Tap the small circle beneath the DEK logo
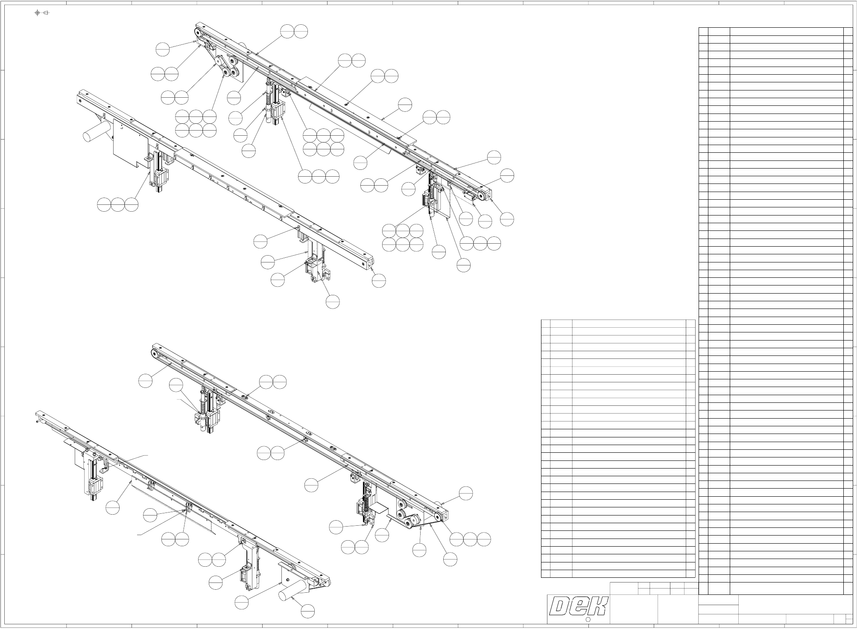point(588,620)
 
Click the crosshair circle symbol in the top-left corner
point(38,13)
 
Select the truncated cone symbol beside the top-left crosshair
point(46,13)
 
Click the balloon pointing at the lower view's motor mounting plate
point(242,602)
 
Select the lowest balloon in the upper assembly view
point(333,302)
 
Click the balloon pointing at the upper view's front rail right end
point(379,280)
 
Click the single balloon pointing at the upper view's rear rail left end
point(163,49)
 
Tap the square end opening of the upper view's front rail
point(369,265)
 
